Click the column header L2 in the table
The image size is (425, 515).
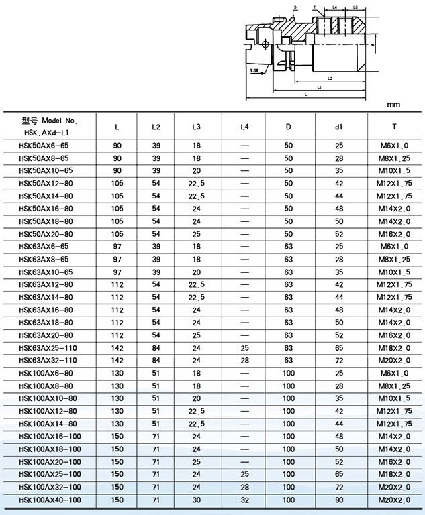click(x=156, y=127)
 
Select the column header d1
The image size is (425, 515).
click(x=340, y=127)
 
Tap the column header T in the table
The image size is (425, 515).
click(x=395, y=127)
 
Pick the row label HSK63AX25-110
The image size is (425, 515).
click(x=48, y=349)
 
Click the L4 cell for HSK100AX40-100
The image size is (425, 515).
click(x=244, y=500)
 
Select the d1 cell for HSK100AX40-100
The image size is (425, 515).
click(x=340, y=500)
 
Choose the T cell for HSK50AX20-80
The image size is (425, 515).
click(x=395, y=234)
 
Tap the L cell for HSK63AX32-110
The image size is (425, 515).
click(x=117, y=361)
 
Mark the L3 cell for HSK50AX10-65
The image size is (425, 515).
click(x=197, y=170)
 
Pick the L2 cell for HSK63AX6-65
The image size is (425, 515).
click(x=156, y=247)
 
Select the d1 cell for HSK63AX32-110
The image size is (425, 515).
click(x=340, y=361)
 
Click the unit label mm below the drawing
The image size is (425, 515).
click(x=393, y=105)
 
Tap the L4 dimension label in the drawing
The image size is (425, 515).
click(x=334, y=7)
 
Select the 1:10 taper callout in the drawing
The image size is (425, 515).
click(x=255, y=68)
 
